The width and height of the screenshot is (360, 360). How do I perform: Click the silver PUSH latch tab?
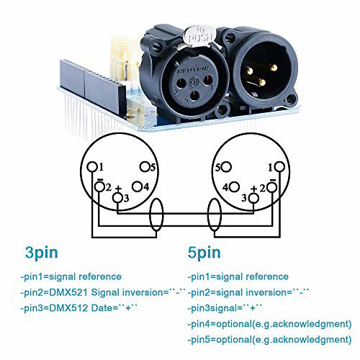[198, 36]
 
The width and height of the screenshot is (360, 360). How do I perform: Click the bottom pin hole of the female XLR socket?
[194, 96]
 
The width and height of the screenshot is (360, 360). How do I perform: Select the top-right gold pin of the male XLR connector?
[273, 68]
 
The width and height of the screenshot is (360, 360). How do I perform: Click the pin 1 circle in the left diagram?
[92, 166]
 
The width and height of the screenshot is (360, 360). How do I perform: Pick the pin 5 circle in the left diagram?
[145, 167]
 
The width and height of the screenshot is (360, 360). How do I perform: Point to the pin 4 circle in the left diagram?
[138, 186]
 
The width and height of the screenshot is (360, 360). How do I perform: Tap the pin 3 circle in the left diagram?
[118, 198]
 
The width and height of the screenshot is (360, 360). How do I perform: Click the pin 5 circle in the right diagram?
[226, 167]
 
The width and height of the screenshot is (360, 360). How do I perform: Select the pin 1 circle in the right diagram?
[280, 166]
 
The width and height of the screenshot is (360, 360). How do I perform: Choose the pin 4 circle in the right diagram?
[234, 186]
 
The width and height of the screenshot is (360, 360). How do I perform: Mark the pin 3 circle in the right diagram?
[253, 198]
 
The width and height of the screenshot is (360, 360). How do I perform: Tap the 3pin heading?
[42, 253]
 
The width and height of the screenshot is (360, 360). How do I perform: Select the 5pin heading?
[204, 253]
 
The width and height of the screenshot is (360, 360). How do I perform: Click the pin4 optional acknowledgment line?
[269, 324]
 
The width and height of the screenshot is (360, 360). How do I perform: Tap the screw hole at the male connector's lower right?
[291, 99]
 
